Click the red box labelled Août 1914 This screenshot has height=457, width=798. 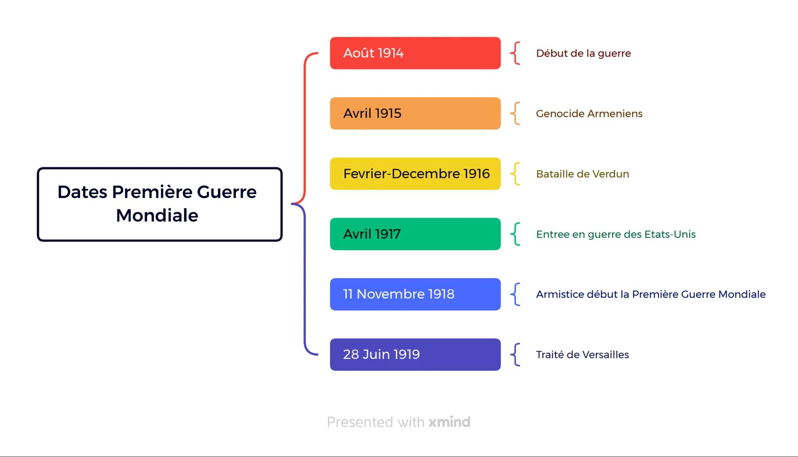pyautogui.click(x=415, y=53)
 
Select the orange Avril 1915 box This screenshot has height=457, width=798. pyautogui.click(x=415, y=113)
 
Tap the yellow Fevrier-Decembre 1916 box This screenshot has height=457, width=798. pyautogui.click(x=415, y=174)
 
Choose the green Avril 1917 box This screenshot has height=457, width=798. pyautogui.click(x=415, y=234)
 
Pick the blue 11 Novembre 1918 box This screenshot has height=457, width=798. pyautogui.click(x=415, y=294)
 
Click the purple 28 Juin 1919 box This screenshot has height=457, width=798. pyautogui.click(x=415, y=355)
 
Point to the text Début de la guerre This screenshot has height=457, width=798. pyautogui.click(x=583, y=53)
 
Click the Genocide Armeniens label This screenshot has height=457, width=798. pyautogui.click(x=589, y=113)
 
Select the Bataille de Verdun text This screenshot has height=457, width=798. pyautogui.click(x=582, y=174)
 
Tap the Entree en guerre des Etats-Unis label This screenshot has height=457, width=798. pyautogui.click(x=616, y=234)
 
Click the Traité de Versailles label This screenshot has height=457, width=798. pyautogui.click(x=582, y=355)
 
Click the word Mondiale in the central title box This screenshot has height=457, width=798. pyautogui.click(x=157, y=215)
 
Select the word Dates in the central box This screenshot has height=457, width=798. pyautogui.click(x=82, y=192)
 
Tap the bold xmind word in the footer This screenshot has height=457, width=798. pyautogui.click(x=449, y=422)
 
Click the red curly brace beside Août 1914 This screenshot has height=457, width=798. pyautogui.click(x=515, y=53)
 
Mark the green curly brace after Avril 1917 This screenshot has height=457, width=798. pyautogui.click(x=515, y=234)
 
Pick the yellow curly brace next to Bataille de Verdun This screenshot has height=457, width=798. pyautogui.click(x=515, y=174)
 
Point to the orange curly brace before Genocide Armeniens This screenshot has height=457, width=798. pyautogui.click(x=515, y=113)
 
